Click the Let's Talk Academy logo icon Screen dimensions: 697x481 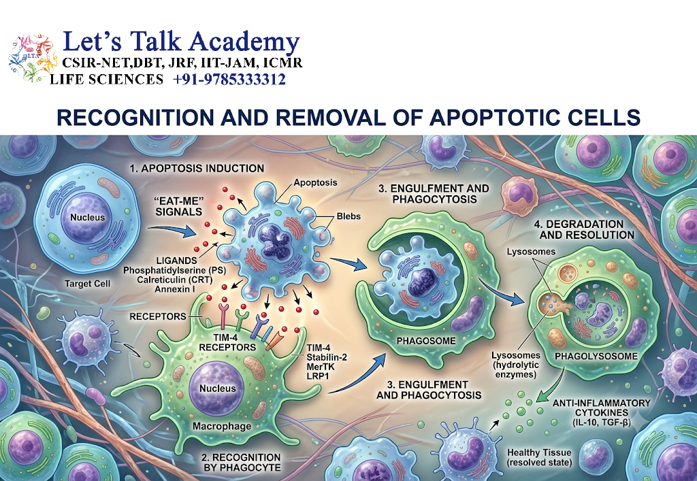[33, 59]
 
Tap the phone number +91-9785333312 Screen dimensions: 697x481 [229, 80]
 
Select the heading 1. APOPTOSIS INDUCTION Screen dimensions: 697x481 [197, 168]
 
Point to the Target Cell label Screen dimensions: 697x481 [87, 283]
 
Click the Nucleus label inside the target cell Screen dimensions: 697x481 [88, 218]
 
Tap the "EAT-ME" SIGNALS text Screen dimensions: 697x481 [179, 206]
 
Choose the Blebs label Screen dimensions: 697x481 [348, 216]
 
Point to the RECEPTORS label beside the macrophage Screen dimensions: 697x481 [158, 316]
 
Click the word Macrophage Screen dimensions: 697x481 [222, 427]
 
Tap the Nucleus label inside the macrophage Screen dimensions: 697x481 [217, 388]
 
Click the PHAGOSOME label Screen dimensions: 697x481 [426, 341]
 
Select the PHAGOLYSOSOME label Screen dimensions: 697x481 [596, 356]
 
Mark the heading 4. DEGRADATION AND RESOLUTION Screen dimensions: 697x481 [585, 230]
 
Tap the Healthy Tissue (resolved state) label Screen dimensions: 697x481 [539, 457]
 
